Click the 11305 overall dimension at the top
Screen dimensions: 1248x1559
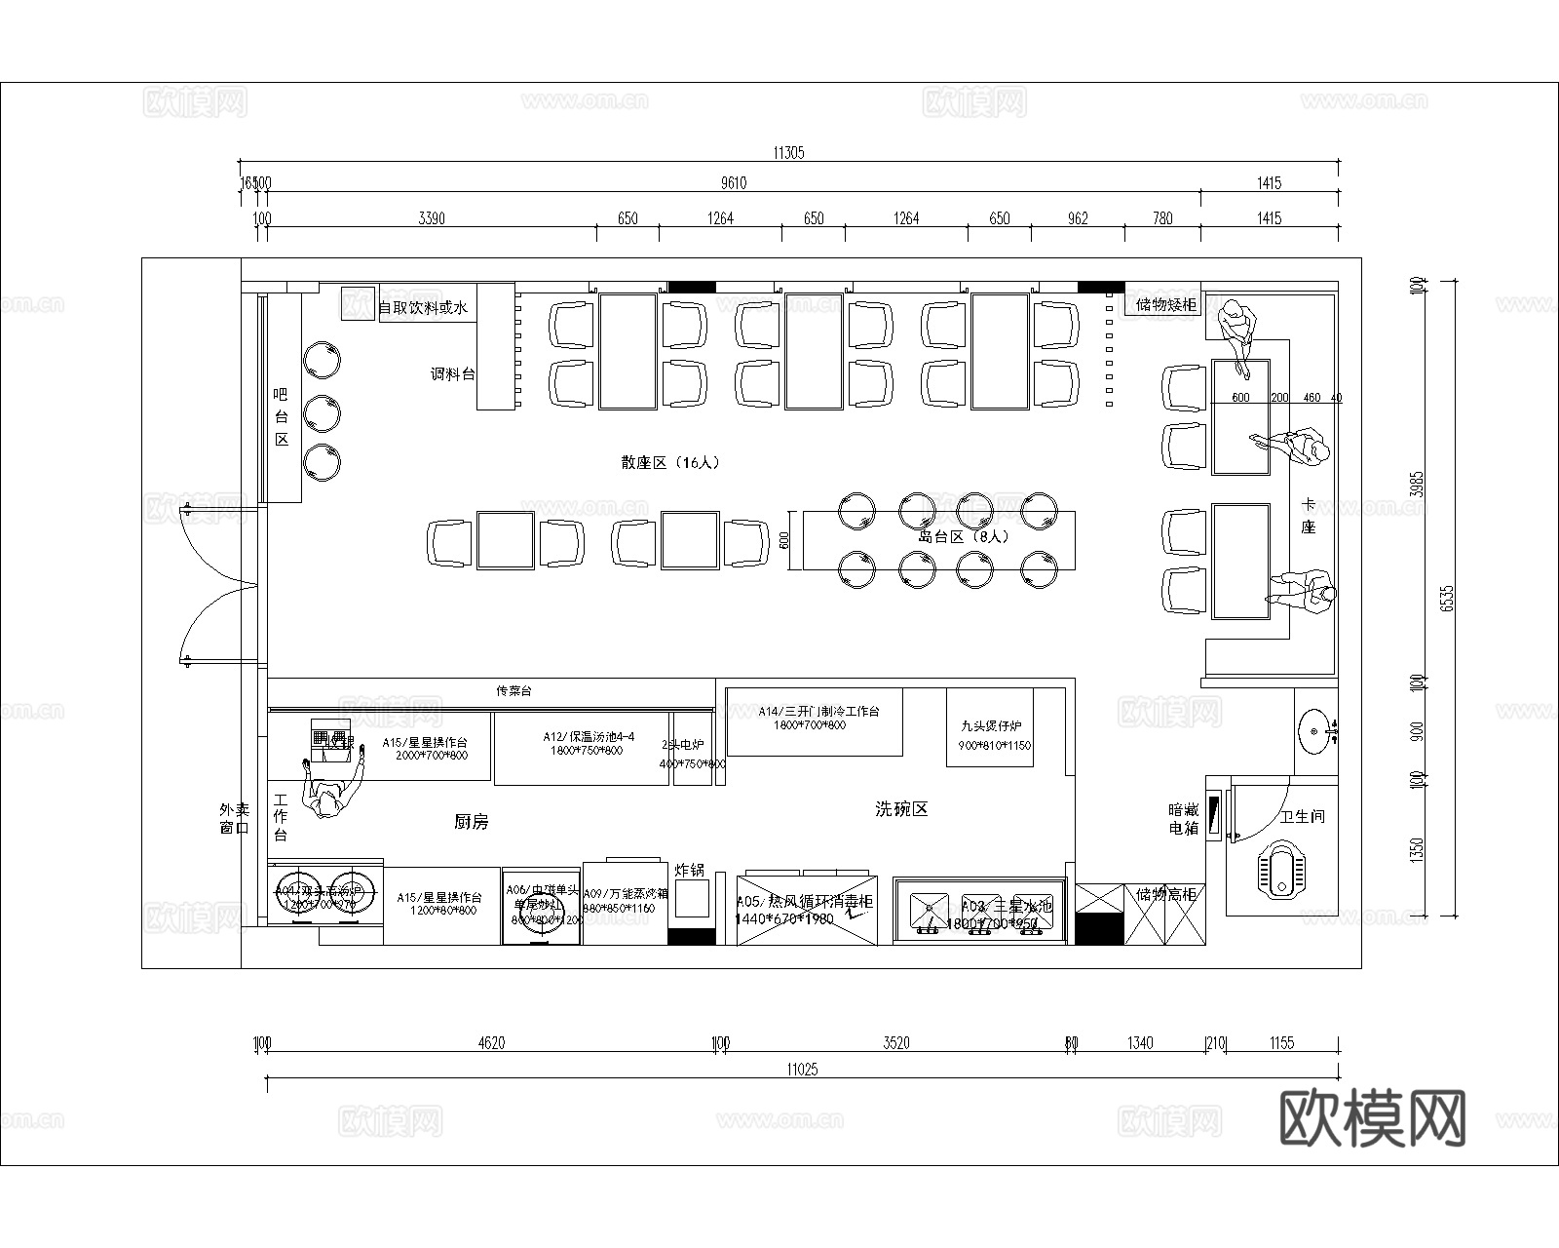click(788, 153)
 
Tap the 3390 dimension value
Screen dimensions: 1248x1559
click(431, 218)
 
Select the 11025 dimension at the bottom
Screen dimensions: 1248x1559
click(801, 1070)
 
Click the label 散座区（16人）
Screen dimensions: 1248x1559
click(671, 463)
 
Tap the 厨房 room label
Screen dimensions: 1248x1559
click(471, 822)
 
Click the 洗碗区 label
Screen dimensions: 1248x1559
click(900, 809)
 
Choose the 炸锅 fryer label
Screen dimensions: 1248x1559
click(690, 870)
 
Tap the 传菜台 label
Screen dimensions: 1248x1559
click(513, 691)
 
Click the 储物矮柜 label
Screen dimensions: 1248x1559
click(1166, 305)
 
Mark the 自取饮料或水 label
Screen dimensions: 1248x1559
click(423, 308)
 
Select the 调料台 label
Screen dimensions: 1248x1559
click(453, 373)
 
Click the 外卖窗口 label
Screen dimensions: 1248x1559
click(234, 819)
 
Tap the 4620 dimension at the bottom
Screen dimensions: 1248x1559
click(491, 1043)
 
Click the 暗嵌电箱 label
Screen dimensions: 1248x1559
click(1183, 819)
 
